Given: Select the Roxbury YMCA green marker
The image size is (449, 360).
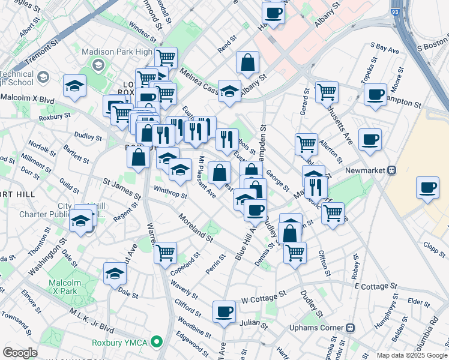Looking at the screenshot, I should tap(157, 343).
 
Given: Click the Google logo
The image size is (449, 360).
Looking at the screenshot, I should tap(20, 353).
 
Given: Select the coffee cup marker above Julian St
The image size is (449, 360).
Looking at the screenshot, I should tap(224, 311).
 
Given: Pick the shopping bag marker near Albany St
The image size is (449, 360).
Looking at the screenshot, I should tap(247, 62).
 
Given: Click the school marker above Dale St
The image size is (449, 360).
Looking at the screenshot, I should tap(115, 274).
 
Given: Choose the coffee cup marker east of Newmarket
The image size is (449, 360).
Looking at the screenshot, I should tap(427, 187).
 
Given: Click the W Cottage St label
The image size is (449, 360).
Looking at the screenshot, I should tap(262, 298).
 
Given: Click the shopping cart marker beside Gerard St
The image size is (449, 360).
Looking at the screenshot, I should tap(327, 92).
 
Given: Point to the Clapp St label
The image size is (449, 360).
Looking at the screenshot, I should tap(433, 245).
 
